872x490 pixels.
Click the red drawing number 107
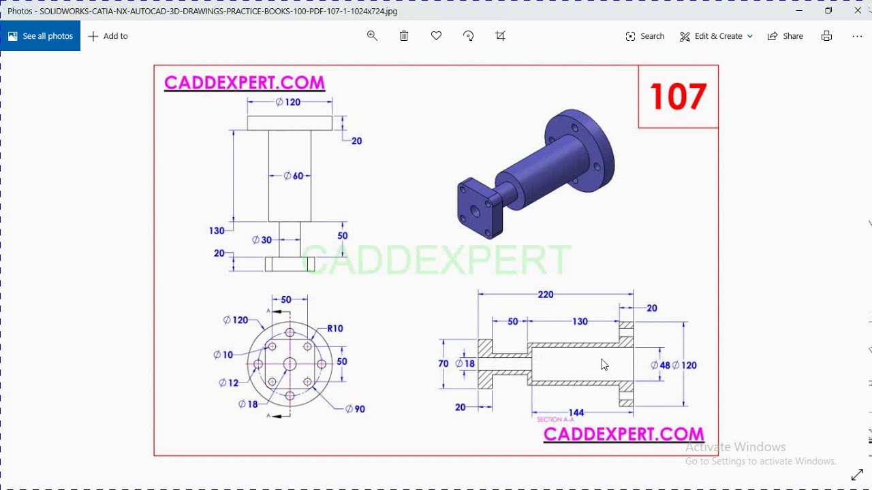click(x=678, y=97)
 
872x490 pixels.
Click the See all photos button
click(x=40, y=36)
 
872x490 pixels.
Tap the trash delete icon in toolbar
click(x=404, y=36)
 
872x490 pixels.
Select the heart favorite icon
click(x=436, y=36)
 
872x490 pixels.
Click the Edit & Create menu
click(x=716, y=36)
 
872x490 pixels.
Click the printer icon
click(x=826, y=36)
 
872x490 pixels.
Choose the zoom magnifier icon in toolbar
click(x=372, y=36)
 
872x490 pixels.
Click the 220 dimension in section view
click(x=546, y=295)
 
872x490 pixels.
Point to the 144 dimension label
click(x=576, y=412)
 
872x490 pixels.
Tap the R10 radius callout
click(x=335, y=329)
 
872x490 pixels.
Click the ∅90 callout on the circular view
click(x=355, y=409)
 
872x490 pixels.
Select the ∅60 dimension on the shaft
click(x=294, y=176)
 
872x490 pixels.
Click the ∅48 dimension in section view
click(x=660, y=365)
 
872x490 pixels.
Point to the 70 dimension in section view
click(x=443, y=364)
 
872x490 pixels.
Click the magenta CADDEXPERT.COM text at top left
click(x=245, y=83)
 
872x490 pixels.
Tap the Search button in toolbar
click(x=644, y=36)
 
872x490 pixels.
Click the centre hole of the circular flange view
click(x=290, y=364)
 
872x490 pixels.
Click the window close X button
click(x=858, y=11)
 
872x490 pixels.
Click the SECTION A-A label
click(x=555, y=420)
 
